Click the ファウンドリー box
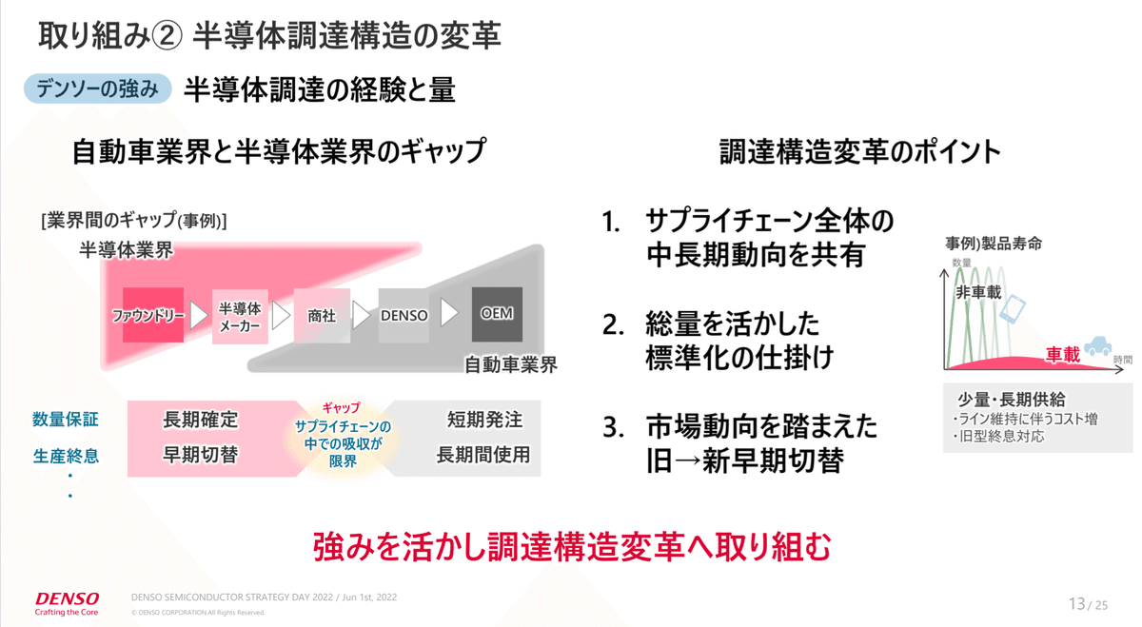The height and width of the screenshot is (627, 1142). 152,314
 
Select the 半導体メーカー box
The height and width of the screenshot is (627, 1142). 240,315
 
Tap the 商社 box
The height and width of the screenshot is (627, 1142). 322,315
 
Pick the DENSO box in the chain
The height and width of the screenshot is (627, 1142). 404,315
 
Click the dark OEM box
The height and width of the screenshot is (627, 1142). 497,314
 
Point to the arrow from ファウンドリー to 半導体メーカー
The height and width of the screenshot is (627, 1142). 198,315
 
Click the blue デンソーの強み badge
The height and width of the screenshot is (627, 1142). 97,89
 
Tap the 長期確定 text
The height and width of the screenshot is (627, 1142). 200,420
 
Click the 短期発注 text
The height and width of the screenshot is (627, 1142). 484,420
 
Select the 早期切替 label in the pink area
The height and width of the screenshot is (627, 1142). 200,454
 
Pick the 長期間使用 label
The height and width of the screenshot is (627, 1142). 483,454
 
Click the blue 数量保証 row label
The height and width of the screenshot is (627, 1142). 66,420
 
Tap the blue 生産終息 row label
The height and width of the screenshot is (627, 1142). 66,456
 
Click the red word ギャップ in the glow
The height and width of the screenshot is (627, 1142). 342,407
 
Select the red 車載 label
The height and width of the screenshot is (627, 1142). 1063,355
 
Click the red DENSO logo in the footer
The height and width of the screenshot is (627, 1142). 67,598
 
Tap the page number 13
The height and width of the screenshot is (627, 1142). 1076,603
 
